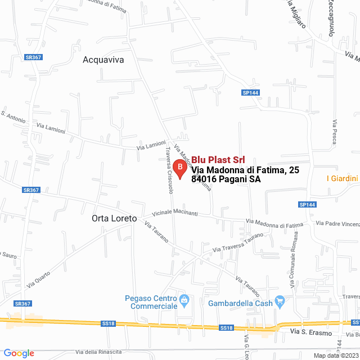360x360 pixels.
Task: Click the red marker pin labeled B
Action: (179, 168)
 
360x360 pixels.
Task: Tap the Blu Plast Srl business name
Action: (217, 160)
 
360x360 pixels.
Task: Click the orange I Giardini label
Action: (342, 178)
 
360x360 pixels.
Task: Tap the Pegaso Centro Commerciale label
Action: (150, 302)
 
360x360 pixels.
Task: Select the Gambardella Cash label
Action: (240, 303)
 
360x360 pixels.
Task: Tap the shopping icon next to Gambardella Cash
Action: (280, 302)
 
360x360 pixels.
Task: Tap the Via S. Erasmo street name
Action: (308, 333)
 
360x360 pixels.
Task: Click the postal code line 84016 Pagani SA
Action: (226, 179)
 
